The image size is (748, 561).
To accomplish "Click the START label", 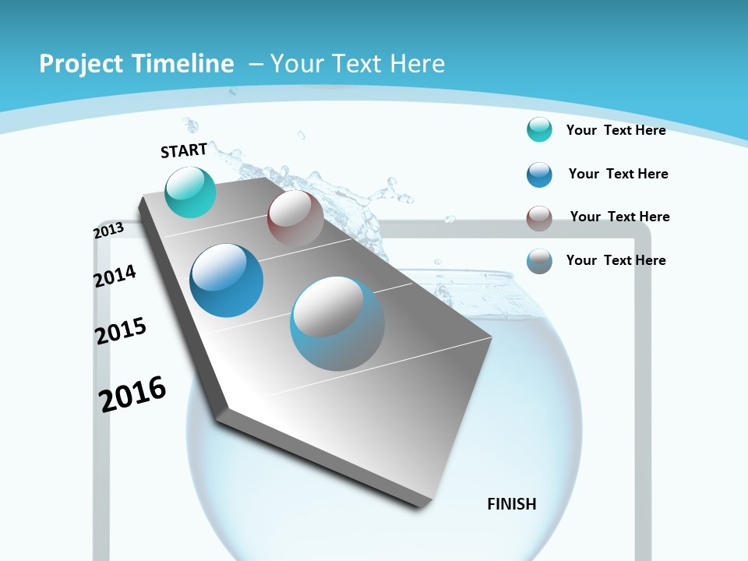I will click(x=184, y=150).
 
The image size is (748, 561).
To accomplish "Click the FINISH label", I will click(x=512, y=504).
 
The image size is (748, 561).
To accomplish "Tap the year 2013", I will click(x=108, y=231).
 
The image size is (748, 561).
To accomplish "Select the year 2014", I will click(x=115, y=276).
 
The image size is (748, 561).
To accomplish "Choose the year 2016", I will click(x=132, y=393).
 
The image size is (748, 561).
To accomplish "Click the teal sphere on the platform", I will click(x=191, y=192).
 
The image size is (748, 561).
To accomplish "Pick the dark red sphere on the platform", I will click(x=295, y=218).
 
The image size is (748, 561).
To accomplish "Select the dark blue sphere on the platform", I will click(x=227, y=280).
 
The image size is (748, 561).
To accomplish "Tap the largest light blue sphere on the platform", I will click(x=337, y=323).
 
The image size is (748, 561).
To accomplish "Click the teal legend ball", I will click(x=539, y=129).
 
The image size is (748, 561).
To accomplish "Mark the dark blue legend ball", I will click(x=539, y=174).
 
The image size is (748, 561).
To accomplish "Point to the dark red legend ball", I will click(x=539, y=218).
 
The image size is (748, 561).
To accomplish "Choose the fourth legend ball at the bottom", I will click(x=539, y=261).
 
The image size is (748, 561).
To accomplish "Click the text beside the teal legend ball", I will click(x=616, y=130).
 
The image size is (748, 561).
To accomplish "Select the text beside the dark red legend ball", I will click(x=619, y=217).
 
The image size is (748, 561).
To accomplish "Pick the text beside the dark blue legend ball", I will click(x=618, y=174).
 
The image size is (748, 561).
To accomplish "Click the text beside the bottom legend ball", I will click(x=616, y=260).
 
